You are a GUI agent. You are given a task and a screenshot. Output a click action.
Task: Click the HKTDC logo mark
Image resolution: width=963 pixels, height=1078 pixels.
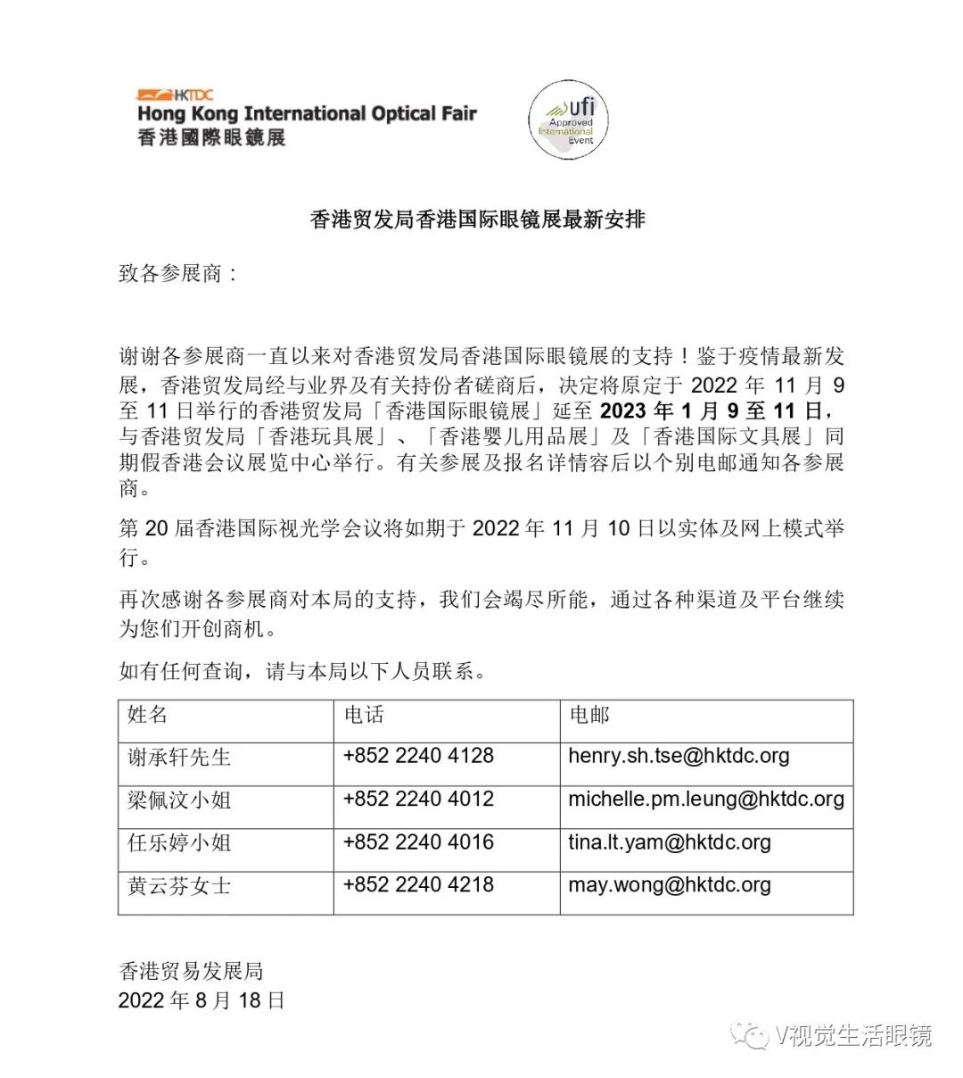pyautogui.click(x=175, y=94)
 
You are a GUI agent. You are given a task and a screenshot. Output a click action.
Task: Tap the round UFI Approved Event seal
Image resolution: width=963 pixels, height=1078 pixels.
pyautogui.click(x=568, y=120)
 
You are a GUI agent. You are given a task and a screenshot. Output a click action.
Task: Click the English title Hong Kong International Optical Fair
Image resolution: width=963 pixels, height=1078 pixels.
pyautogui.click(x=307, y=114)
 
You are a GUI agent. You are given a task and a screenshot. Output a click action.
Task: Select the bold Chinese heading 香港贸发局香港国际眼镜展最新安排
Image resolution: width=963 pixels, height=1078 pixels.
pyautogui.click(x=477, y=219)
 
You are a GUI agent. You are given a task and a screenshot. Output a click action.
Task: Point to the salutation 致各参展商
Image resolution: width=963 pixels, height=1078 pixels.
pyautogui.click(x=178, y=273)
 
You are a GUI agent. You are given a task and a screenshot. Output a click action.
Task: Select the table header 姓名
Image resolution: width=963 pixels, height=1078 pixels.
pyautogui.click(x=147, y=715)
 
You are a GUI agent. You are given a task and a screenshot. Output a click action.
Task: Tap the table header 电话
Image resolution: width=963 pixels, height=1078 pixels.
pyautogui.click(x=364, y=715)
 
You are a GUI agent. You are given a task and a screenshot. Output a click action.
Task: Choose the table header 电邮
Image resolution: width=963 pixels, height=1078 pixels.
pyautogui.click(x=589, y=715)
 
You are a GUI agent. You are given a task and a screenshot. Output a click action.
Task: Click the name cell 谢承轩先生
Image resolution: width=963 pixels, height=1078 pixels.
pyautogui.click(x=179, y=757)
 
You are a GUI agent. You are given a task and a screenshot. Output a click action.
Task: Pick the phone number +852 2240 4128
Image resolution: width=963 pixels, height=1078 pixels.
pyautogui.click(x=418, y=756)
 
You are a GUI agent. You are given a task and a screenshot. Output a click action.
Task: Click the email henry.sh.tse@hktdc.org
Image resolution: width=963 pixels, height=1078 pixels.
pyautogui.click(x=679, y=756)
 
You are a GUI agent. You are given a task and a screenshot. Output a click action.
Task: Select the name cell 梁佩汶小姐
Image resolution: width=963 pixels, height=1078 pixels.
pyautogui.click(x=179, y=800)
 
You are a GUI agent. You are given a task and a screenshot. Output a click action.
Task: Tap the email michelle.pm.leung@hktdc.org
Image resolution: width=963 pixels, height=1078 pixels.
pyautogui.click(x=706, y=799)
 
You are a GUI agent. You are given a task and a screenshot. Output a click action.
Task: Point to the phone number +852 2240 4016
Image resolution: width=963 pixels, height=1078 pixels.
pyautogui.click(x=418, y=842)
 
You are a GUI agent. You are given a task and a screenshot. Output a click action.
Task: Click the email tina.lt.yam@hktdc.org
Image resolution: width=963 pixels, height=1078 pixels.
pyautogui.click(x=670, y=842)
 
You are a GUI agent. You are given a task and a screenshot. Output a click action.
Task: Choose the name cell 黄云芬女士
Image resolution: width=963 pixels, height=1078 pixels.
pyautogui.click(x=179, y=885)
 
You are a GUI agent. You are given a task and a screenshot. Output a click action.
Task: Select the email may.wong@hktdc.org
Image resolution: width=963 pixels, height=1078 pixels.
pyautogui.click(x=670, y=884)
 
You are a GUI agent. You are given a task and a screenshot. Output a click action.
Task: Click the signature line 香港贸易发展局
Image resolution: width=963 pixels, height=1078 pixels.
pyautogui.click(x=191, y=971)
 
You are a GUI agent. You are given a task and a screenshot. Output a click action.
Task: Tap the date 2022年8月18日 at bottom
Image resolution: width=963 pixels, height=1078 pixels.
pyautogui.click(x=202, y=1000)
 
